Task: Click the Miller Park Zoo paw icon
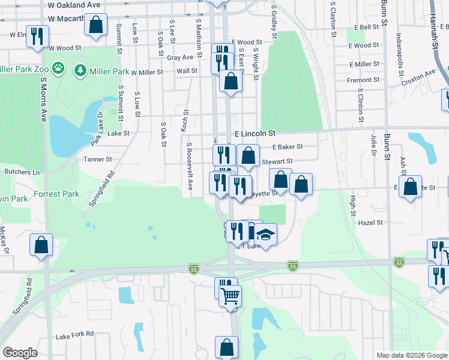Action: point(58,68)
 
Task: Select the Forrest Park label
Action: point(56,194)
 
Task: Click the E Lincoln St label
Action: point(254,133)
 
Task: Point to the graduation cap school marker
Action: point(265,234)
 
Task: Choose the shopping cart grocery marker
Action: point(230,295)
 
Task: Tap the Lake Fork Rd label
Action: point(75,334)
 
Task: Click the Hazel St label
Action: point(370,222)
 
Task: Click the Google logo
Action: point(20,352)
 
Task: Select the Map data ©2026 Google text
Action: point(411,355)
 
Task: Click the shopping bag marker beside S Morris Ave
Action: point(41,244)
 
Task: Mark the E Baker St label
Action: point(287,146)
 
